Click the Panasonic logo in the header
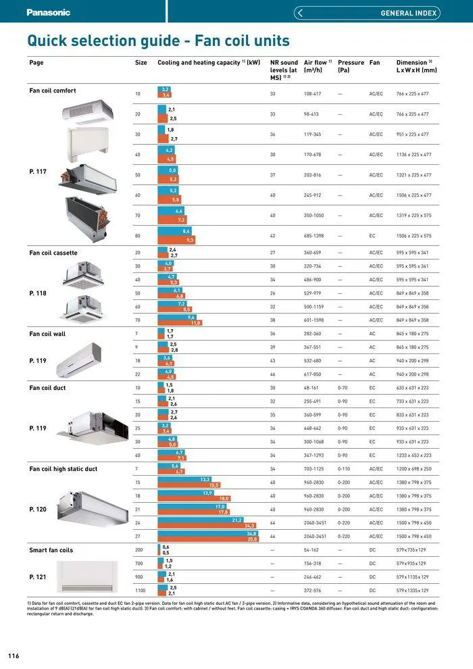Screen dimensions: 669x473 click(x=48, y=11)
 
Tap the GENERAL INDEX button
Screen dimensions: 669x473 click(x=368, y=13)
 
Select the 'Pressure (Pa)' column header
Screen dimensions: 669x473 click(x=351, y=66)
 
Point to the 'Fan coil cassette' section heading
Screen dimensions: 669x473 click(x=53, y=253)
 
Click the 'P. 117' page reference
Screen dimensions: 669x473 click(x=38, y=172)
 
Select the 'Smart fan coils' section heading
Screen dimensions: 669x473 click(x=51, y=550)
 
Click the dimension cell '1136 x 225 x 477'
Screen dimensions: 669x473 click(x=414, y=155)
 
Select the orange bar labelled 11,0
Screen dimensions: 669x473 click(x=180, y=323)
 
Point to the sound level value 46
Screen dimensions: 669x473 click(x=272, y=374)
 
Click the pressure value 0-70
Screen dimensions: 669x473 click(x=343, y=388)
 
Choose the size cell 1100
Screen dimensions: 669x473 click(x=140, y=591)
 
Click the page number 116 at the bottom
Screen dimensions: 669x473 click(x=14, y=656)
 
